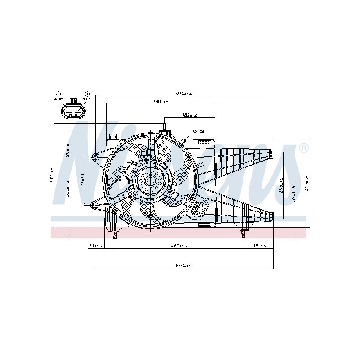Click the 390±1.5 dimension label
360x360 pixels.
160,102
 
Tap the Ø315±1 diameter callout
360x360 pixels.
198,131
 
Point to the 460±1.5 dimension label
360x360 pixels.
179,246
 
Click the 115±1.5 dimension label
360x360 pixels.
258,246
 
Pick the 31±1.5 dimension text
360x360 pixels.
96,246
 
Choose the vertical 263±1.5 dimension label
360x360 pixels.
281,184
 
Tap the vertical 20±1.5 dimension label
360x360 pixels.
67,150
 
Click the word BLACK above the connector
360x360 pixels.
58,98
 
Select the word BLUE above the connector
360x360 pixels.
86,98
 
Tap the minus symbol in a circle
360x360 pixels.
58,93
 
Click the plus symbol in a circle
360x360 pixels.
87,93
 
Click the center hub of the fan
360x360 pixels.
150,181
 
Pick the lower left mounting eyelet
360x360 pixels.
94,206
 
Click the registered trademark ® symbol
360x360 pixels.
304,148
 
